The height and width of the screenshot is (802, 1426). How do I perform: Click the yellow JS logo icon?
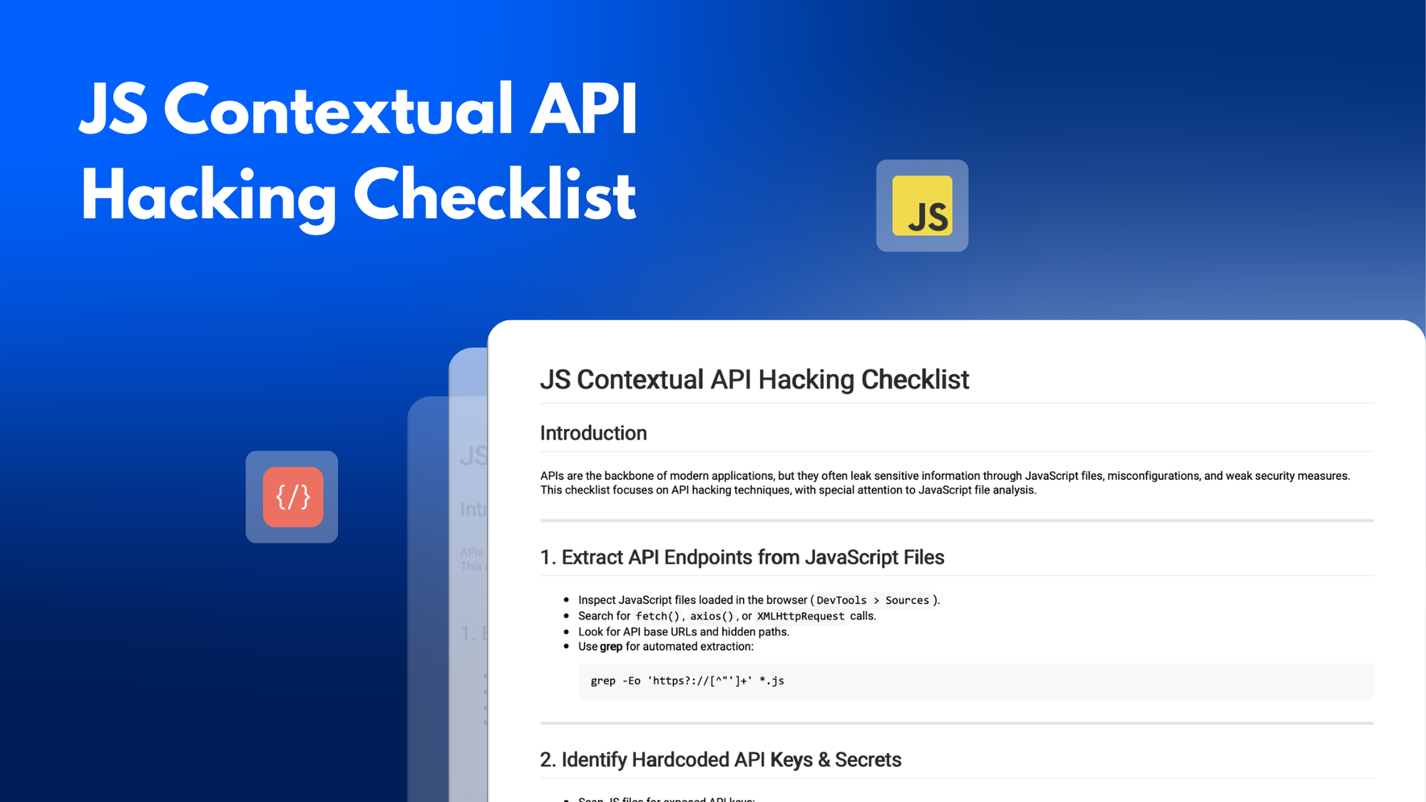click(x=922, y=205)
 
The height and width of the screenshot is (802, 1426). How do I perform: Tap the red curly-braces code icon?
click(x=292, y=497)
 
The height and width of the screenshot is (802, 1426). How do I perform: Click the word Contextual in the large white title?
click(x=339, y=110)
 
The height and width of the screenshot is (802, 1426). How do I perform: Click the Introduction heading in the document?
click(x=593, y=433)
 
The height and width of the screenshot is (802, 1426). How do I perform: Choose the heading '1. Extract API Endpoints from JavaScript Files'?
click(x=742, y=557)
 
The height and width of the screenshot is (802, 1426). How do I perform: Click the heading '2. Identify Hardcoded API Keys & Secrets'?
click(x=720, y=759)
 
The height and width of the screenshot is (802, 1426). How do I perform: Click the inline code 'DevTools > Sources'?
click(x=873, y=600)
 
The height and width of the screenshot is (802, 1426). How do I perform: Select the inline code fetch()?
click(x=657, y=616)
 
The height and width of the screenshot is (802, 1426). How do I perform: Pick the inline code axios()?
click(x=711, y=616)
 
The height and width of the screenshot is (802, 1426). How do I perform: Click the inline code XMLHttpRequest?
click(x=800, y=616)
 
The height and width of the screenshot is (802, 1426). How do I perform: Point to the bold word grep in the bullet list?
click(x=611, y=647)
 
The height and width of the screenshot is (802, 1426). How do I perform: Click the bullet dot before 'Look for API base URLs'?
click(x=566, y=632)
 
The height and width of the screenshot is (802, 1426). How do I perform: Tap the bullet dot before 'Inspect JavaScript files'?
click(x=566, y=600)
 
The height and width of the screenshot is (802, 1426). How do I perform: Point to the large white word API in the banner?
click(x=583, y=110)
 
